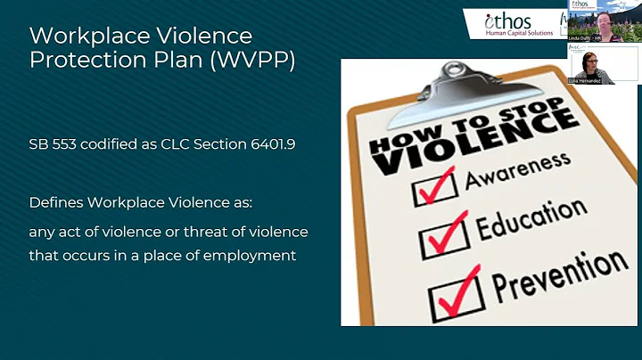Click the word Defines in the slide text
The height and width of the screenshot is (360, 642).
[x=54, y=203]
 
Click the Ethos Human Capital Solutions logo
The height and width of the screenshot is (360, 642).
[x=514, y=22]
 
